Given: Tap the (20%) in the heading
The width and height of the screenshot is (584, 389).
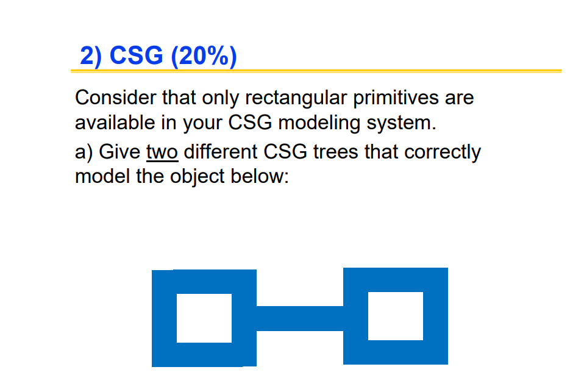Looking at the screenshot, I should (204, 56).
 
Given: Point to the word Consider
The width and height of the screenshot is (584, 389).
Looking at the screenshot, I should (116, 98).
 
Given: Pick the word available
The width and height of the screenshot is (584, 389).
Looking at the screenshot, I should (115, 123).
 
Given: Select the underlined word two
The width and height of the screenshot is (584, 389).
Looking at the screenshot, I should (162, 151).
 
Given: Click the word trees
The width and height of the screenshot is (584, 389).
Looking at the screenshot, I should (337, 151).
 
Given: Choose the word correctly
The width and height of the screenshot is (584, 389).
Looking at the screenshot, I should (441, 151).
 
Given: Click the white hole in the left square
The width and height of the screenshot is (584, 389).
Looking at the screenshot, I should (204, 318).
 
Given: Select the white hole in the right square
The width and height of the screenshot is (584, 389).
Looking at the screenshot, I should (396, 316).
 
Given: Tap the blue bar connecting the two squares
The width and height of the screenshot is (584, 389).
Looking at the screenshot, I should (300, 318).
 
